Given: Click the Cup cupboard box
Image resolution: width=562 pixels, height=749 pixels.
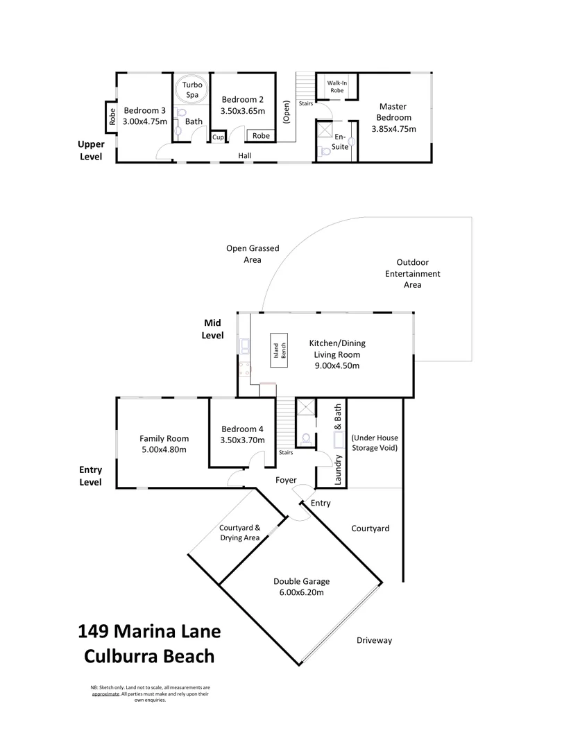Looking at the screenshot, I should [x=218, y=137].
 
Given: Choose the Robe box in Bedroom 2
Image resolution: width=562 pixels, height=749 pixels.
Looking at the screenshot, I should [x=261, y=136].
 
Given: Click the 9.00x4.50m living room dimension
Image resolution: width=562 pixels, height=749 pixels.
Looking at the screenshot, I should [x=337, y=365].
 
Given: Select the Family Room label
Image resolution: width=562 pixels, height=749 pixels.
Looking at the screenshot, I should [x=164, y=438].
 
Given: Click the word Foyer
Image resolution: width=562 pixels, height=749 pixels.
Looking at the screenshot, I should [x=286, y=480].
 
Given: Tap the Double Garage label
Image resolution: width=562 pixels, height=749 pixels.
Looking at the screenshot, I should [x=301, y=581].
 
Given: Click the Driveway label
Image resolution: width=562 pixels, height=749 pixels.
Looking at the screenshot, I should [x=375, y=640].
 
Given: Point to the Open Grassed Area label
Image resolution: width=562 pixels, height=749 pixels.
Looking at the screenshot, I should [x=252, y=254].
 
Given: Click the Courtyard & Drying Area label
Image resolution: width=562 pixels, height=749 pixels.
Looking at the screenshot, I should [x=239, y=533].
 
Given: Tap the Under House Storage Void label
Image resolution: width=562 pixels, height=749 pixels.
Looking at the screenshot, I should [x=374, y=443].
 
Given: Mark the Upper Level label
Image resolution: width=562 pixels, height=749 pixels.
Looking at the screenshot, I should [x=91, y=150].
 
